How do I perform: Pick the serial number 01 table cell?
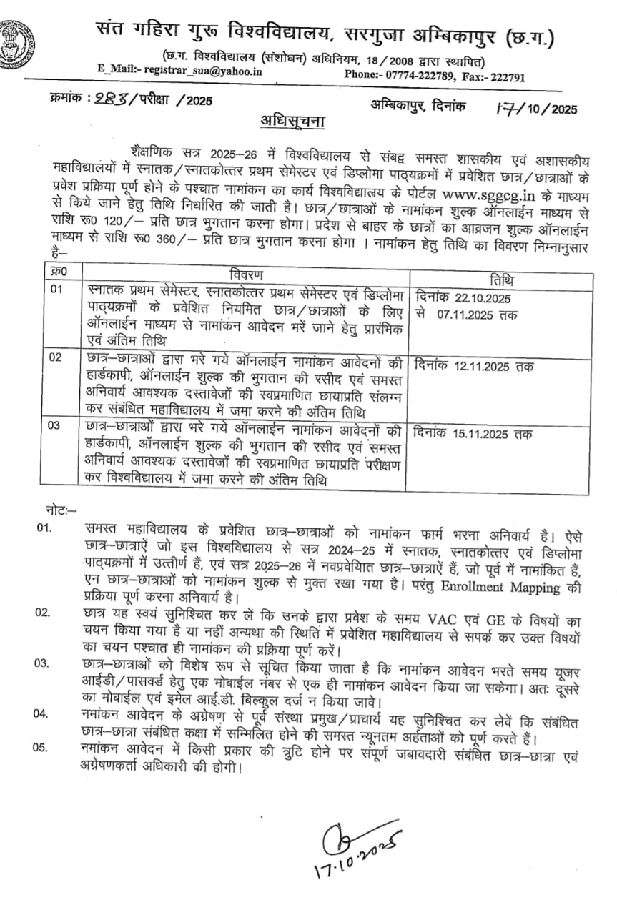tap(57, 289)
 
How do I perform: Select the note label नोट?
tap(55, 510)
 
